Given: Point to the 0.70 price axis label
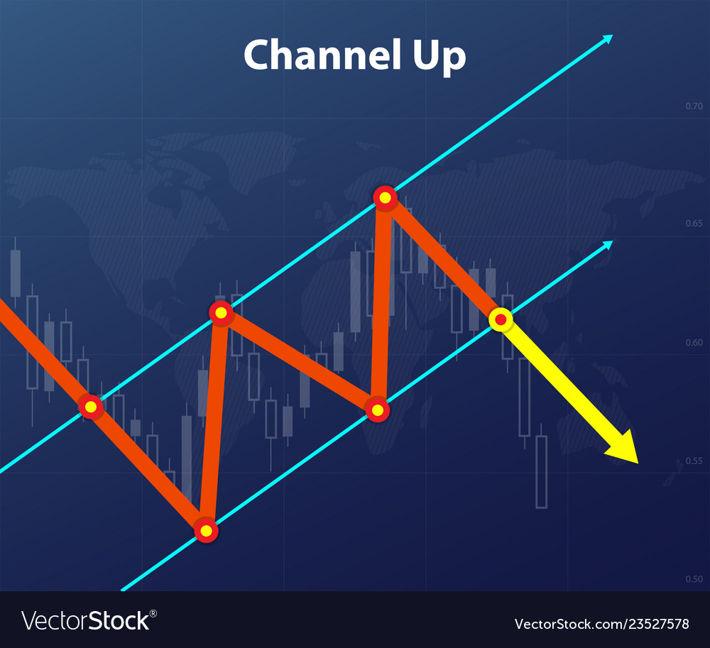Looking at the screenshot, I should click(694, 106).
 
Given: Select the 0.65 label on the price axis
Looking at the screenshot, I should click(694, 224).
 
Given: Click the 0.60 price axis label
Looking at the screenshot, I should click(694, 343).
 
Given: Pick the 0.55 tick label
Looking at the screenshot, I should click(694, 461).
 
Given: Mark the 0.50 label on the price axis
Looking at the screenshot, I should click(694, 579).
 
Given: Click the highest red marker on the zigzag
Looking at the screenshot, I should click(385, 198).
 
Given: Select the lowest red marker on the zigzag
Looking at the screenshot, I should click(206, 529).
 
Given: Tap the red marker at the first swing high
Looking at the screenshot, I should click(222, 312).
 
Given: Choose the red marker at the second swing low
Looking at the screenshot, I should click(377, 410).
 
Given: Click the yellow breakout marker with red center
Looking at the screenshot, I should click(501, 319).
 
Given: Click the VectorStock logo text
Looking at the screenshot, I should click(89, 620).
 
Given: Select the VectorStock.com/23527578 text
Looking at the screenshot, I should click(601, 624).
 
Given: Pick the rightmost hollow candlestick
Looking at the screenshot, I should click(541, 471).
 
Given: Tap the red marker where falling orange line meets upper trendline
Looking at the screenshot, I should click(90, 407).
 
